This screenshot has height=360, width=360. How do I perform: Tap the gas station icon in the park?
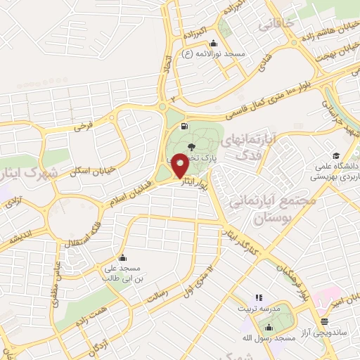(x=184, y=127)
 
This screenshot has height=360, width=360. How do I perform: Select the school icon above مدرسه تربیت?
(x=259, y=297)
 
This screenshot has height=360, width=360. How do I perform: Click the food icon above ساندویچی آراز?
(x=323, y=321)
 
